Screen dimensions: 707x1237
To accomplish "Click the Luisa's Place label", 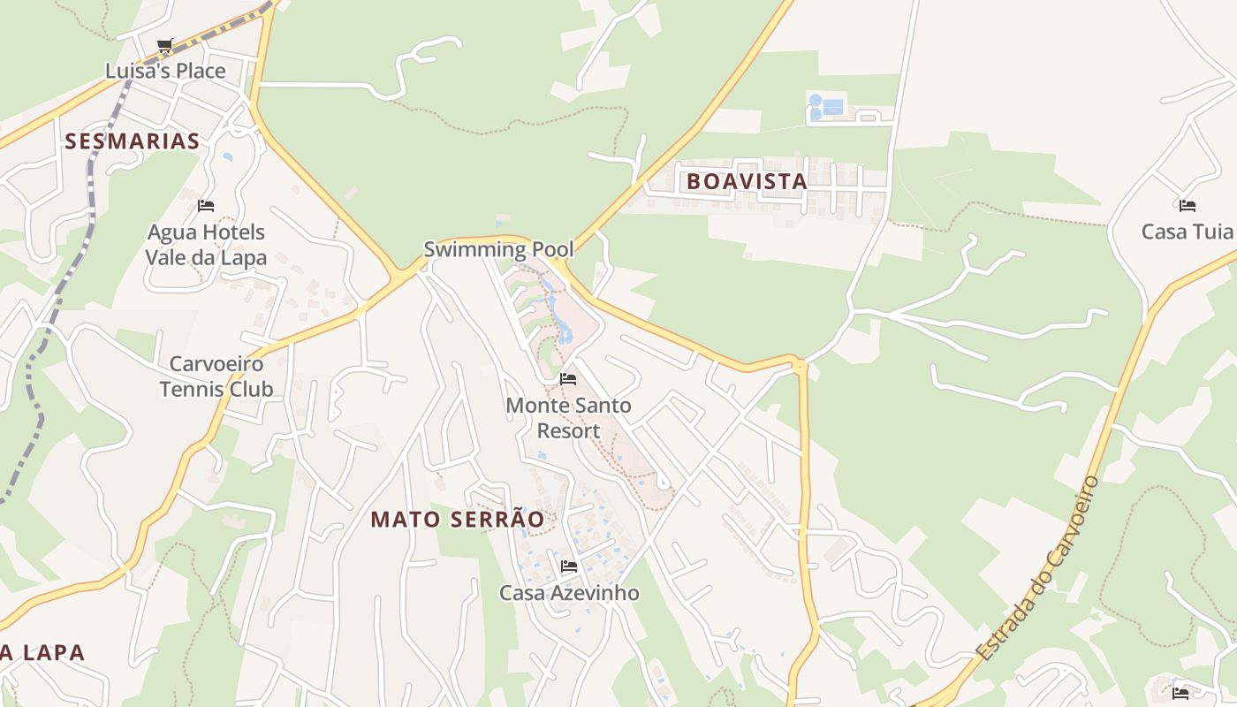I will [x=165, y=71].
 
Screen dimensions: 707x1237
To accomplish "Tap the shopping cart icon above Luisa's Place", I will [x=164, y=45].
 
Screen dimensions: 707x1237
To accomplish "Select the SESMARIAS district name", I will [x=132, y=141].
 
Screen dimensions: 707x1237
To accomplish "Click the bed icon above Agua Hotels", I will [x=206, y=206].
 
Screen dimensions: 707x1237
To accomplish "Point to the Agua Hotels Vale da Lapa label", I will [x=206, y=245].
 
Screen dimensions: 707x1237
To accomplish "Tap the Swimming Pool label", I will [x=498, y=249].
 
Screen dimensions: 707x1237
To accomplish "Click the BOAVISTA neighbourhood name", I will [x=747, y=182].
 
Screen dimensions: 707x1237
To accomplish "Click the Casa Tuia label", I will [x=1187, y=232].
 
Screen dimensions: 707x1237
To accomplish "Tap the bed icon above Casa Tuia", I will [x=1187, y=206].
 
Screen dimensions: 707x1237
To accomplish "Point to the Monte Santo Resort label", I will [x=568, y=418].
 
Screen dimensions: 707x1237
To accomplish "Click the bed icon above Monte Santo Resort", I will [x=568, y=379].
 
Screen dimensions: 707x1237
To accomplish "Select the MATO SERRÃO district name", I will [x=457, y=520].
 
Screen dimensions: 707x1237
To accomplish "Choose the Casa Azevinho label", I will [x=569, y=593].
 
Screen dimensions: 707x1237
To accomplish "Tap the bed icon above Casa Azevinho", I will [x=569, y=566].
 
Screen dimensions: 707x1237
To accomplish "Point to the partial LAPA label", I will [x=42, y=653].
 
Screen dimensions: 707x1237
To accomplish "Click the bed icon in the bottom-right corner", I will [x=1180, y=693].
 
